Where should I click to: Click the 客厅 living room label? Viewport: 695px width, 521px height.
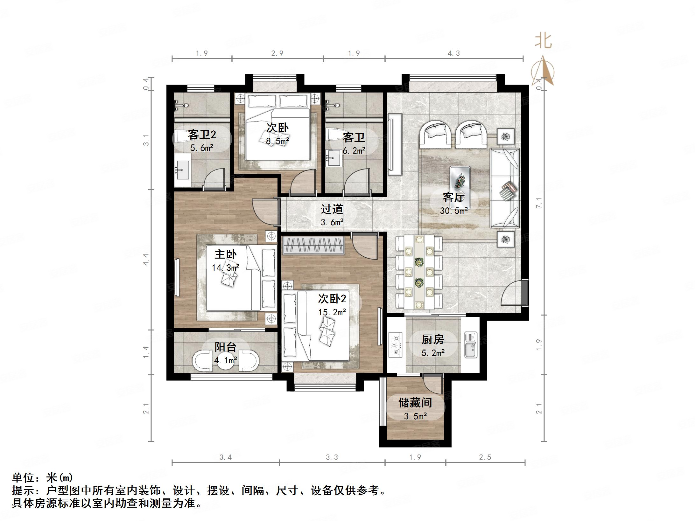[x=453, y=198]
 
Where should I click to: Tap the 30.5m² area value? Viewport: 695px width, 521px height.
[x=453, y=211]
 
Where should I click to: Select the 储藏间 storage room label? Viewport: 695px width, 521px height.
[x=415, y=403]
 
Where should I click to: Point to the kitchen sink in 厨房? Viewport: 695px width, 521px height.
[x=471, y=344]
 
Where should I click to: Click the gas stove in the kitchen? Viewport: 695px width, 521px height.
[x=396, y=344]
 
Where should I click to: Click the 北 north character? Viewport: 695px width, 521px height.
[x=543, y=41]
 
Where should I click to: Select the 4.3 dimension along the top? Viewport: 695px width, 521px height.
[x=454, y=53]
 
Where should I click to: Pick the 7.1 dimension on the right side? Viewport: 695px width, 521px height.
[x=538, y=203]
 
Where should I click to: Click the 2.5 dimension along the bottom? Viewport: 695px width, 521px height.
[x=485, y=457]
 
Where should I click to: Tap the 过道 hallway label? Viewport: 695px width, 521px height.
[x=332, y=209]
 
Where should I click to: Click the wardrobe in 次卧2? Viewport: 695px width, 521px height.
[x=313, y=245]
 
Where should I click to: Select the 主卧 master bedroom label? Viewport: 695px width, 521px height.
[x=225, y=254]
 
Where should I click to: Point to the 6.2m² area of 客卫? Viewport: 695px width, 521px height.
[x=354, y=150]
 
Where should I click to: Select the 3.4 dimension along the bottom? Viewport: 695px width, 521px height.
[x=225, y=457]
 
